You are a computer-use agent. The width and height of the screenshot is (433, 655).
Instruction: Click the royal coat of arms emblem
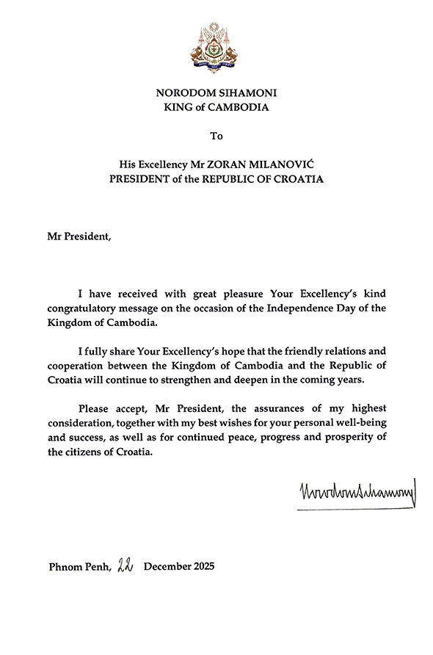217,48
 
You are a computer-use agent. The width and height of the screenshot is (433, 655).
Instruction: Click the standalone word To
216,137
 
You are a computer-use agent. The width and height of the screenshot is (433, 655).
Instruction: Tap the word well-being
357,422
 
